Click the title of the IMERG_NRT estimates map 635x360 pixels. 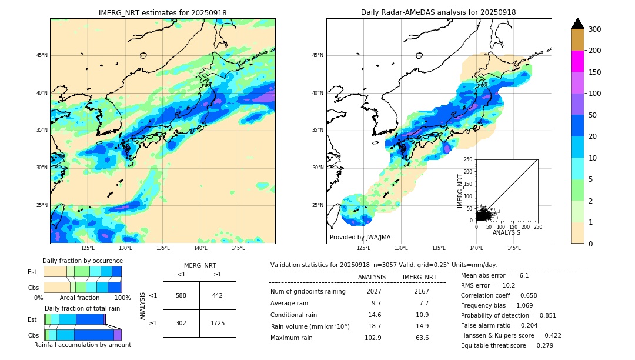coord(162,12)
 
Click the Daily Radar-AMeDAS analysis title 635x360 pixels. coord(439,12)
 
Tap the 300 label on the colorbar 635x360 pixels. coord(595,29)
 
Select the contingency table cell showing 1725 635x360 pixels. coord(218,324)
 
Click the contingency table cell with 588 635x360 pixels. coord(181,295)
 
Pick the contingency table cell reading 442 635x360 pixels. coord(218,295)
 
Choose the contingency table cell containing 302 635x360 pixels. coord(181,324)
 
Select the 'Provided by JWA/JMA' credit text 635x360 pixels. coord(360,237)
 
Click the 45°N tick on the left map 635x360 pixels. coord(41,55)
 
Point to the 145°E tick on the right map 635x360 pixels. coord(514,248)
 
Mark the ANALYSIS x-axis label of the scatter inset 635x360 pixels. coord(506,232)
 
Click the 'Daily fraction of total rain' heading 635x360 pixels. coord(82,308)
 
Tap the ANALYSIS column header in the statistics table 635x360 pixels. coord(372,277)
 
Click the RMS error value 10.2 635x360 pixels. coord(509,285)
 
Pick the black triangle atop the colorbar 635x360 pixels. coord(578,24)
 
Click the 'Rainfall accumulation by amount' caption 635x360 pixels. coord(82,345)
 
